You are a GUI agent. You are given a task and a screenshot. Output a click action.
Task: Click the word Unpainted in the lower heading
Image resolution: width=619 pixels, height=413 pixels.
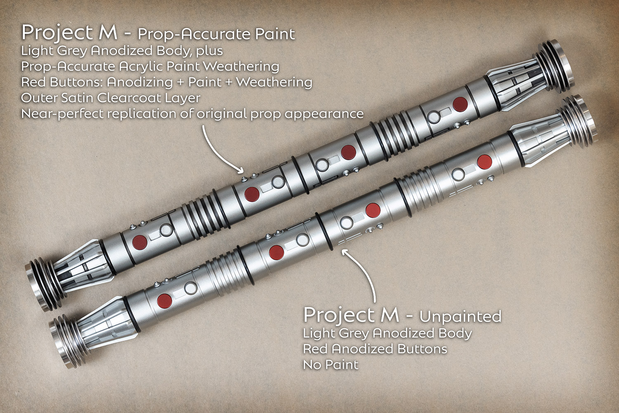(x=461, y=316)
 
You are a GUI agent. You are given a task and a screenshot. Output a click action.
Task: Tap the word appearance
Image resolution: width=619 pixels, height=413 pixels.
(x=324, y=114)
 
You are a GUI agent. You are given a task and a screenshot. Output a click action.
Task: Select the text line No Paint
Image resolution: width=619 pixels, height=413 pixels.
(x=331, y=365)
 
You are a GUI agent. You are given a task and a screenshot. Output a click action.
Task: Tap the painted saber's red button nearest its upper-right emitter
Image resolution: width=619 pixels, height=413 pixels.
(x=460, y=104)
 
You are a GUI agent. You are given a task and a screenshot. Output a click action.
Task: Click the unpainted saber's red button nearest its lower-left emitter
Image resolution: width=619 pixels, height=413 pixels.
(x=164, y=301)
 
